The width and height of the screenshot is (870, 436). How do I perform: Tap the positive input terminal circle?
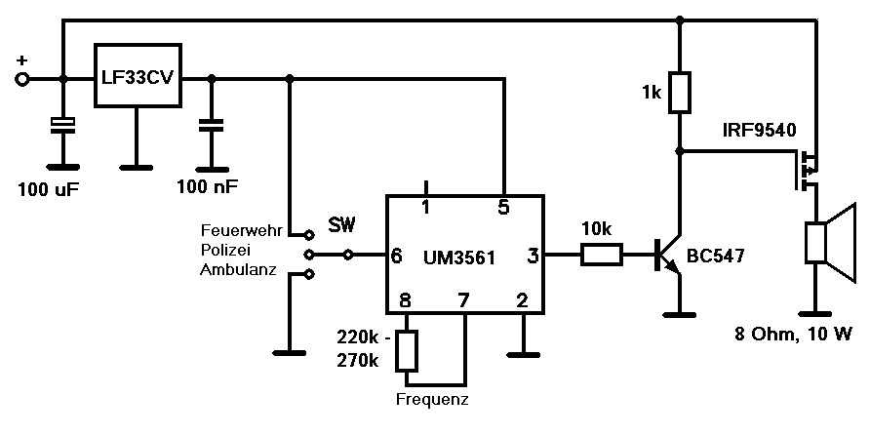tap(22, 80)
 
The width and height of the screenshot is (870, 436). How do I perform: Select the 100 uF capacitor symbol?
tap(62, 126)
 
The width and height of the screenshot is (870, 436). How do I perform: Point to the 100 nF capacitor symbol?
tap(212, 126)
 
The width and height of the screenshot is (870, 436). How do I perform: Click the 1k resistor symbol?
tap(680, 92)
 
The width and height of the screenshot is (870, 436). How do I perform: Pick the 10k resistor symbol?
tap(602, 255)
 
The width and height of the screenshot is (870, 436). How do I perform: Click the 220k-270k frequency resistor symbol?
tap(407, 351)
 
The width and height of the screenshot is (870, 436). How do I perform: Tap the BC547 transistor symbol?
tap(668, 255)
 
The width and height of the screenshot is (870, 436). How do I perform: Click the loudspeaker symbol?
tap(830, 243)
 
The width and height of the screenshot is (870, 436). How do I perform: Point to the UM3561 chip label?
tap(458, 258)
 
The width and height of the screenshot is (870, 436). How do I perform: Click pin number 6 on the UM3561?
tap(396, 257)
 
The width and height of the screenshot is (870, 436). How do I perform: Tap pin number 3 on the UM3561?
tap(533, 256)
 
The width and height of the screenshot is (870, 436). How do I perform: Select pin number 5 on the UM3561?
tap(502, 207)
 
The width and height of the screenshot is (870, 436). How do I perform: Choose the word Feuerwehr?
tap(241, 230)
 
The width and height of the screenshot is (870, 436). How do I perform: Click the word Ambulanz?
tap(238, 269)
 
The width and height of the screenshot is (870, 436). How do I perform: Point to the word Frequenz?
tap(432, 399)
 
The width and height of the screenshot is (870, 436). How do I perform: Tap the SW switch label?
tap(341, 225)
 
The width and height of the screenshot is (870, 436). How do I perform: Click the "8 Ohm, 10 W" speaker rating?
tap(793, 335)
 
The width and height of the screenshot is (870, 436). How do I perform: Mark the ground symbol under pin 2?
tap(523, 354)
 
